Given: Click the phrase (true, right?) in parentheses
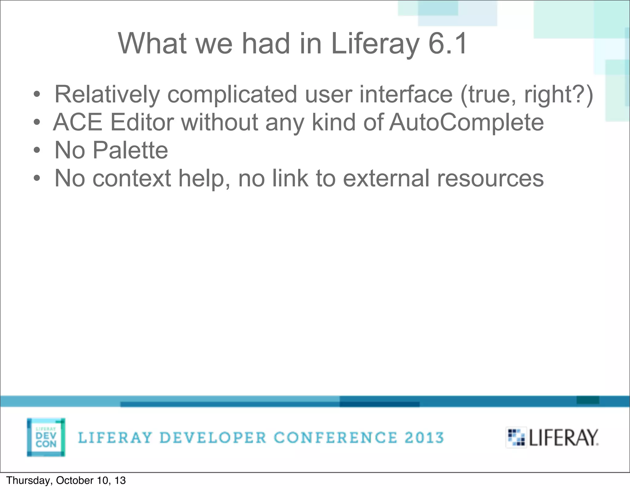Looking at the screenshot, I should [527, 94].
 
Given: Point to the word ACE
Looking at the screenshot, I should [78, 122].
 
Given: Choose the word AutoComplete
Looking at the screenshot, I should [466, 122].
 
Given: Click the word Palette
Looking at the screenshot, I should [130, 150].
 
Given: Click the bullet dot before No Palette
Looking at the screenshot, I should [37, 150].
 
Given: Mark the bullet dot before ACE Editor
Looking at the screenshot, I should [37, 123].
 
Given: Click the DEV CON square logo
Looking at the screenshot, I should [46, 437].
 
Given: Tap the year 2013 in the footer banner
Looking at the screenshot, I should [424, 438].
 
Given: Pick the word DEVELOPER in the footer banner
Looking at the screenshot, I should [213, 438].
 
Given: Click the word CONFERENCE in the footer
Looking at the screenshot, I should [336, 438].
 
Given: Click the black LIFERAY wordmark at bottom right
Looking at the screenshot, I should [564, 438].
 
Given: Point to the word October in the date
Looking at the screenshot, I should [75, 480].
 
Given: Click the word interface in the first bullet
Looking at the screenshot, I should [406, 94].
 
